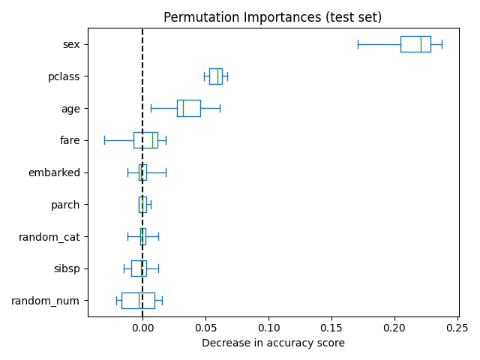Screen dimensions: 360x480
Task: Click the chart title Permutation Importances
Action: tap(272, 17)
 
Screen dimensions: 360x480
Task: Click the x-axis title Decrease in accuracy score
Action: tap(273, 343)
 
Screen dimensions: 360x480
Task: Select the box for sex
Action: tap(415, 44)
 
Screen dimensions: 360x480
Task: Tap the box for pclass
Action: tap(215, 76)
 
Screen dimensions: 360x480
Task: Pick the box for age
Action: tap(188, 108)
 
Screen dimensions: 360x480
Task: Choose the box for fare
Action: tap(145, 140)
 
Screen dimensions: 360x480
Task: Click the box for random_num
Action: tap(138, 301)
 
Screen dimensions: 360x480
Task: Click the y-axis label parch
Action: tap(64, 205)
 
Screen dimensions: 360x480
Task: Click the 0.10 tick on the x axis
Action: tap(268, 327)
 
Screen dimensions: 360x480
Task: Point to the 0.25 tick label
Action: tap(457, 327)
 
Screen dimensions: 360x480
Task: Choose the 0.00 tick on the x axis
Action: tap(142, 327)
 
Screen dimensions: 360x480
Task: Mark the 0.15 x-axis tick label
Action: tap(331, 327)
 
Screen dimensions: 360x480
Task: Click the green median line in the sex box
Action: tap(421, 44)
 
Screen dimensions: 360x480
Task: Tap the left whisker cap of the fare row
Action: tap(104, 140)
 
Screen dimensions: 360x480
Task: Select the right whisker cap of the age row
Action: tap(220, 108)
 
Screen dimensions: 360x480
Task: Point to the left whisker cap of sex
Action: tap(358, 44)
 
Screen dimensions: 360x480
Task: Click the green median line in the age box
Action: tap(183, 108)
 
